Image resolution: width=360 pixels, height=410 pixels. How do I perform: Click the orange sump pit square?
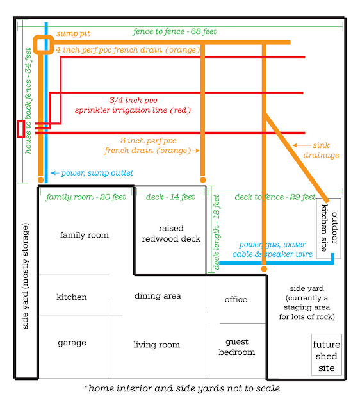[x=35, y=45]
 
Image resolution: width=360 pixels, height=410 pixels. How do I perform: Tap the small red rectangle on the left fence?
[x=18, y=129]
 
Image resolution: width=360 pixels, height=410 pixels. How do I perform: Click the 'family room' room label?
[x=84, y=235]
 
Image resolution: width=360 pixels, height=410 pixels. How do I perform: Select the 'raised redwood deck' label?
[x=171, y=233]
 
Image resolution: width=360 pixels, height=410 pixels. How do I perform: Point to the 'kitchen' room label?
[x=72, y=297]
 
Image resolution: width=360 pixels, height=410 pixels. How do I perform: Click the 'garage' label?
[x=72, y=343]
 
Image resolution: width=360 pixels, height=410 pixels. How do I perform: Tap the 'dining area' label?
[x=158, y=296]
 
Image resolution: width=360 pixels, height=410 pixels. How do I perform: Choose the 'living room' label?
[x=156, y=345]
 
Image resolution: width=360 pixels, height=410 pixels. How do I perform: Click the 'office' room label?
[x=236, y=299]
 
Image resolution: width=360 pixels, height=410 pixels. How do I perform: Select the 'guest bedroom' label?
[x=237, y=347]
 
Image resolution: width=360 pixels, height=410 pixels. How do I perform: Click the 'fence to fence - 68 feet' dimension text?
[x=175, y=31]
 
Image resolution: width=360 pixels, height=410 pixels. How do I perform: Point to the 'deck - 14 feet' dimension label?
[x=170, y=197]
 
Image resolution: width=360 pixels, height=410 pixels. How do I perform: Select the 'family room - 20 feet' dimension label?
[x=86, y=197]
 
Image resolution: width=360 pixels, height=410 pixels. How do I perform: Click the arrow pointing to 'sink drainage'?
[x=302, y=145]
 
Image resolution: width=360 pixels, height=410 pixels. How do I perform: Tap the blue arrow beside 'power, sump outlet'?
[x=55, y=173]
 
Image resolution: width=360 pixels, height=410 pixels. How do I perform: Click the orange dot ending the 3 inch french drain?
[x=202, y=180]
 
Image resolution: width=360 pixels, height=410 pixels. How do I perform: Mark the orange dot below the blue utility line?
[x=264, y=269]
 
